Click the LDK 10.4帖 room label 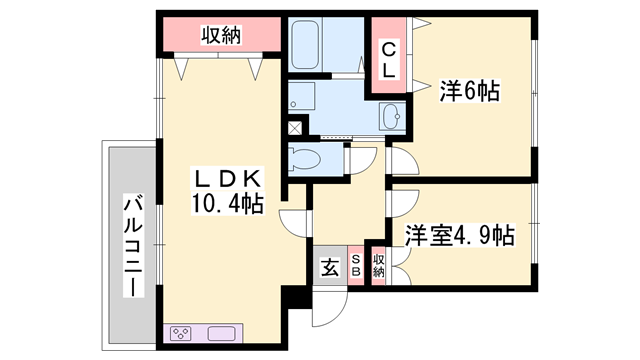coord(227,191)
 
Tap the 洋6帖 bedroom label coord(469,91)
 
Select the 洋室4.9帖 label coord(460,235)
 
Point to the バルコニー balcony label coord(134,246)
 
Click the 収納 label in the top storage coord(221,35)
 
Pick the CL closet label coord(389,61)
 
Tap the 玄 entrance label coord(330,267)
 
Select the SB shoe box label coord(356,266)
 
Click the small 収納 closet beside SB coord(378,266)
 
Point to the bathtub coord(305,44)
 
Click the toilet coord(304,158)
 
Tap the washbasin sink coord(392,117)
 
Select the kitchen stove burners coord(181,333)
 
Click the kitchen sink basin coord(222,333)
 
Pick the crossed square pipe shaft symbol coord(294,128)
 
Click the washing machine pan coord(301,96)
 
